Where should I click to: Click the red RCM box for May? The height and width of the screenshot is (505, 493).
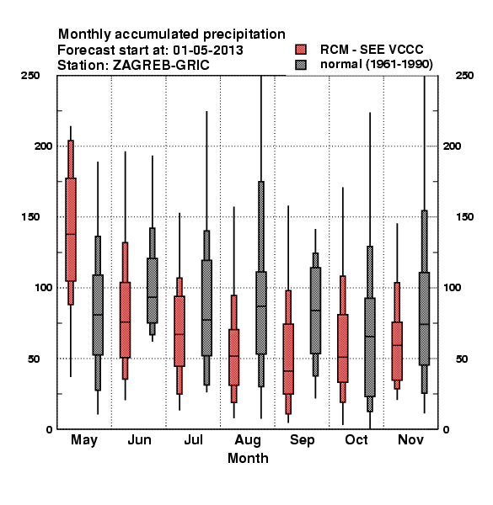coord(71,229)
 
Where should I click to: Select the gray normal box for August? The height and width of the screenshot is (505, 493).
coord(261,313)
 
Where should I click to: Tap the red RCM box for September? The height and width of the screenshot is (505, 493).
coord(288,359)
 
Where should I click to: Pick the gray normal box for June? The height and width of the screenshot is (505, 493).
coord(153,290)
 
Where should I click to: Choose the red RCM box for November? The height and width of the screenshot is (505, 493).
coord(397,351)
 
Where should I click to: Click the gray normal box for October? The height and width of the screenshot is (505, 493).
coord(370,347)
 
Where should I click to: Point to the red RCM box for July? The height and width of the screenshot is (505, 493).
coord(180,331)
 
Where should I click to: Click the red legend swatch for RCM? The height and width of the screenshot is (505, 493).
coord(301,50)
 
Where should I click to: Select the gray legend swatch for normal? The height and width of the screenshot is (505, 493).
coord(301,65)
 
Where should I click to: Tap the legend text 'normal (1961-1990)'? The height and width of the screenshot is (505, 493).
coord(376,65)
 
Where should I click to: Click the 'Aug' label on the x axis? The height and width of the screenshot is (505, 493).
coord(248,440)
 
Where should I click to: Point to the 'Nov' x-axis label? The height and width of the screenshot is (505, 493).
coord(410,439)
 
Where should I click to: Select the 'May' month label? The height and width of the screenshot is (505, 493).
coord(84,440)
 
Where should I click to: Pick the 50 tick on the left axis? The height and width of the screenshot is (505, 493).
coord(34,359)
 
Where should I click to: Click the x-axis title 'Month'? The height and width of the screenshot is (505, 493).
coord(248,459)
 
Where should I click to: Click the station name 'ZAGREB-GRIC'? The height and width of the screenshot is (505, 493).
coord(161,66)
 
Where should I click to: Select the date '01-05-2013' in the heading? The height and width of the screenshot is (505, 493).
coord(208,50)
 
